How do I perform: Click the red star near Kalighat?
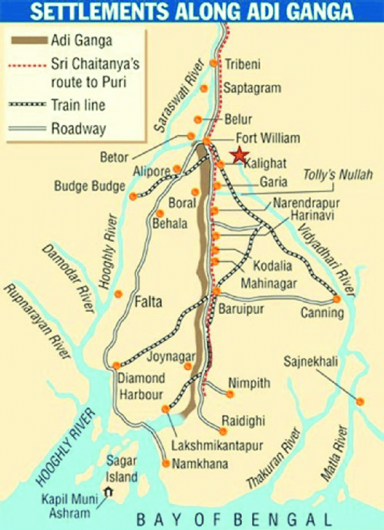click(x=240, y=154)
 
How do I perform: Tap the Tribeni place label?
click(x=242, y=64)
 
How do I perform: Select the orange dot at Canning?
click(x=337, y=299)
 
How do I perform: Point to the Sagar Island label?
click(x=122, y=469)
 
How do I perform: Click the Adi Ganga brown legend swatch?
click(x=28, y=40)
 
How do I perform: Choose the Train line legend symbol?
click(x=28, y=105)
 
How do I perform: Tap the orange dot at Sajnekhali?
click(x=360, y=401)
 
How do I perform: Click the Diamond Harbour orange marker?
click(x=116, y=365)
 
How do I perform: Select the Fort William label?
click(x=268, y=138)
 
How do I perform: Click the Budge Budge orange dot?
click(x=134, y=196)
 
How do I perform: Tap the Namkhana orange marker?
click(x=166, y=463)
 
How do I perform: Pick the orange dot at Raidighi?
click(x=223, y=431)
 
